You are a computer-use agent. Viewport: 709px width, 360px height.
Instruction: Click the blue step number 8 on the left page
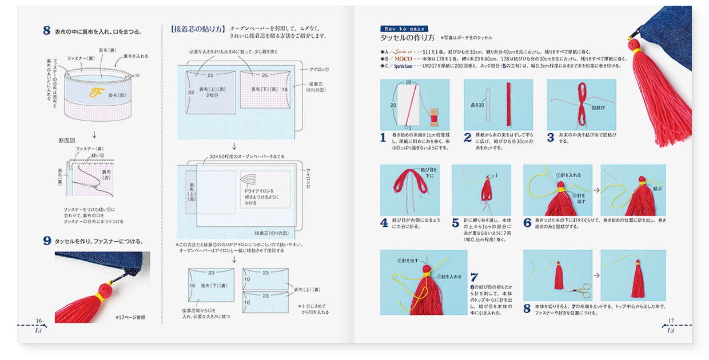coord(47,31)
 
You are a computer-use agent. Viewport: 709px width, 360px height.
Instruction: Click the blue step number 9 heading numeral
coord(47,241)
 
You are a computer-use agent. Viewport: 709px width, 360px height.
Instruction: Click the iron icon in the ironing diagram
coord(252,181)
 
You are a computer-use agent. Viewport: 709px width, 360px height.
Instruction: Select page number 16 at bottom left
coord(39,321)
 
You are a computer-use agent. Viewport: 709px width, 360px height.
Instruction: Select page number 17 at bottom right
coord(672,321)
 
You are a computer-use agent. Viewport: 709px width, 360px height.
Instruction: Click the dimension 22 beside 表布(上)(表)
coord(192,92)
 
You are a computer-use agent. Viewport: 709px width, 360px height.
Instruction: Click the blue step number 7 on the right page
coord(474,277)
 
